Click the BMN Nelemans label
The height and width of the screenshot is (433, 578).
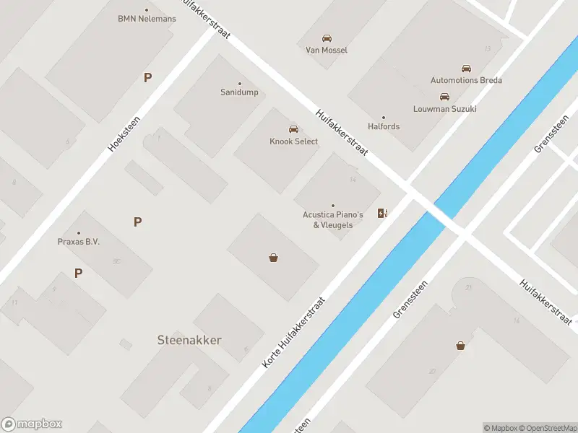pyautogui.click(x=147, y=19)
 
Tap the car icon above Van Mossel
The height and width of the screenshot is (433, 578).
pyautogui.click(x=327, y=38)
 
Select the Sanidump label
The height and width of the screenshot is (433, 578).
pyautogui.click(x=239, y=92)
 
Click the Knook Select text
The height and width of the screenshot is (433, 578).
pyautogui.click(x=293, y=141)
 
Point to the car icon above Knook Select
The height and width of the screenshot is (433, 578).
pyautogui.click(x=293, y=129)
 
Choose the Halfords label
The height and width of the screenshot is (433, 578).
pyautogui.click(x=383, y=126)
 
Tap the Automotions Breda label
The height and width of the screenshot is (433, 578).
pyautogui.click(x=466, y=80)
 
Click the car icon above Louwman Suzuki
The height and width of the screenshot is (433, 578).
pyautogui.click(x=444, y=97)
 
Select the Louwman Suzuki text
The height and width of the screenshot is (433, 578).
pyautogui.click(x=444, y=109)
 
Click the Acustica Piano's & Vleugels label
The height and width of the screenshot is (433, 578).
pyautogui.click(x=332, y=219)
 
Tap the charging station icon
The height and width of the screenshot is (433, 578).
pyautogui.click(x=382, y=213)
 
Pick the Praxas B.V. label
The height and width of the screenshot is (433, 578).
pyautogui.click(x=79, y=242)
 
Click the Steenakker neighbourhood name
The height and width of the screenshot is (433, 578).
pyautogui.click(x=189, y=340)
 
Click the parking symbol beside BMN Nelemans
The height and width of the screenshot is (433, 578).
pyautogui.click(x=147, y=77)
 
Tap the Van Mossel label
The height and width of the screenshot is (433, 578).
pyautogui.click(x=327, y=51)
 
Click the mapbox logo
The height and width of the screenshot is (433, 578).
pyautogui.click(x=32, y=424)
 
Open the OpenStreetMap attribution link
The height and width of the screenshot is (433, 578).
pyautogui.click(x=547, y=428)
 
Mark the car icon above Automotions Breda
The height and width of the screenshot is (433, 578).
pyautogui.click(x=466, y=69)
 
